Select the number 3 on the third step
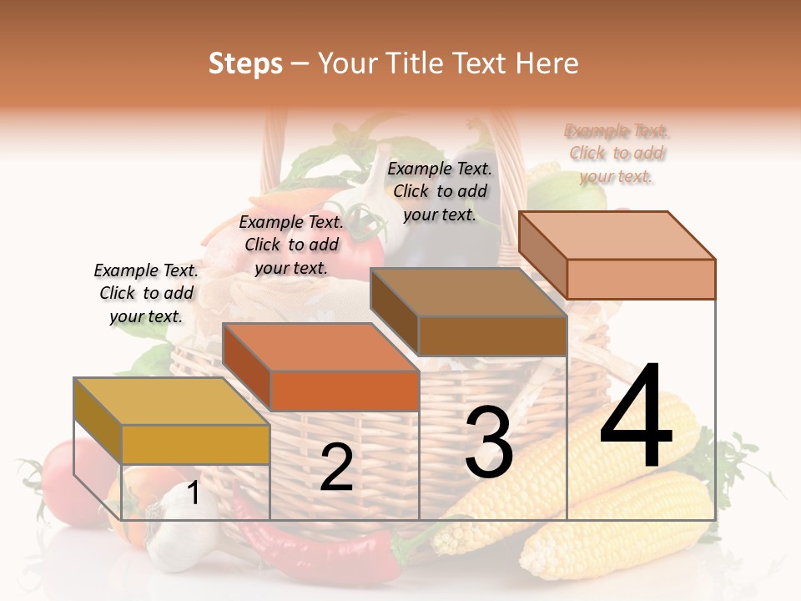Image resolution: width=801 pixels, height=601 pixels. click(x=488, y=443)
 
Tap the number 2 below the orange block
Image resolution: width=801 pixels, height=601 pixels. click(x=336, y=467)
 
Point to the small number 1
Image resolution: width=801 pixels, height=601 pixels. click(x=193, y=493)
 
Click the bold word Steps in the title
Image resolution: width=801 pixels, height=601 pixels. click(x=245, y=63)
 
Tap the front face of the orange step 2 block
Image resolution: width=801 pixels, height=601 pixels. click(x=344, y=391)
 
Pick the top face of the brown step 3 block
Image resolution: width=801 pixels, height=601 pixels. click(x=468, y=293)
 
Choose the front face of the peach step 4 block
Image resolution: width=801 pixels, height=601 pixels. click(x=641, y=279)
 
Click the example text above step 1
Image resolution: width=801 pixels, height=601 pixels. click(x=146, y=293)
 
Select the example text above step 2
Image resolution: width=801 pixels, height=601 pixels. click(x=291, y=245)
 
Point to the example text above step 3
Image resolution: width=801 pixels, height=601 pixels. click(x=440, y=191)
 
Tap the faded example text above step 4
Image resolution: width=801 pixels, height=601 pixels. click(x=617, y=153)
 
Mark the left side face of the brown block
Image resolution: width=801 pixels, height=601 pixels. click(x=394, y=309)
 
